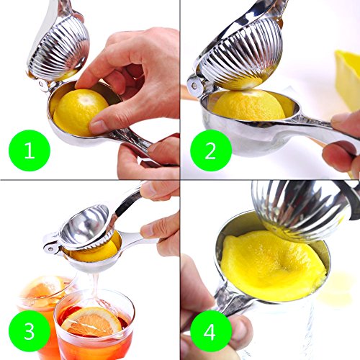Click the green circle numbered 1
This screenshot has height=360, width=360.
pyautogui.click(x=30, y=150)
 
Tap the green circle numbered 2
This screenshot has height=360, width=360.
pyautogui.click(x=211, y=150)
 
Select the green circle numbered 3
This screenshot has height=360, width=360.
pyautogui.click(x=30, y=331)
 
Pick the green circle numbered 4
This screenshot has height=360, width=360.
pyautogui.click(x=211, y=331)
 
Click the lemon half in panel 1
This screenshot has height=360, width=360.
pyautogui.click(x=79, y=112)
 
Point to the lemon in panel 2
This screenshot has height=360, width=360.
pyautogui.click(x=250, y=106)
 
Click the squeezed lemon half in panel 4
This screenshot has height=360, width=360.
pyautogui.click(x=274, y=266)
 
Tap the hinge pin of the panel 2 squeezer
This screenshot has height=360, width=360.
pyautogui.click(x=194, y=86)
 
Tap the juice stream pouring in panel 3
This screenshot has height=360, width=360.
pyautogui.click(x=95, y=288)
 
